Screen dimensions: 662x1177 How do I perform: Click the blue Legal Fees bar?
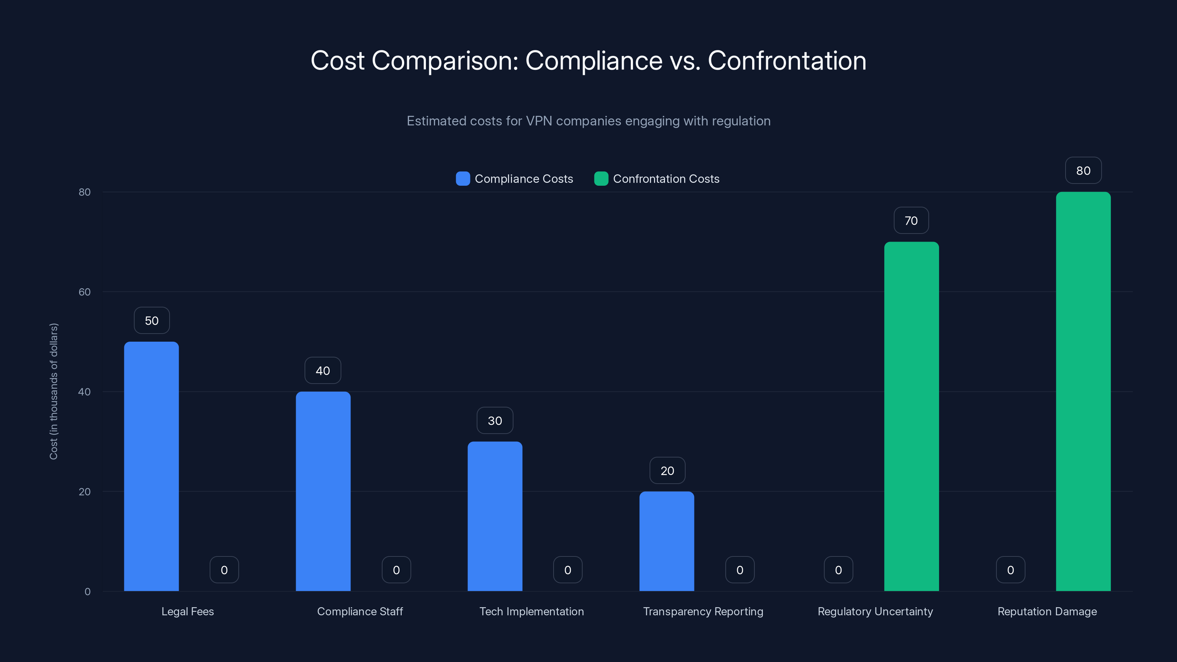(151, 466)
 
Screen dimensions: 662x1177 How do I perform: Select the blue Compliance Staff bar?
(323, 491)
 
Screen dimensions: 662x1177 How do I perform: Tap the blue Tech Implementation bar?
(495, 516)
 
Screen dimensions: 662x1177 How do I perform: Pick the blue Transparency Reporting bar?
(666, 541)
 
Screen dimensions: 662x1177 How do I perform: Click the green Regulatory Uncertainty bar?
(911, 416)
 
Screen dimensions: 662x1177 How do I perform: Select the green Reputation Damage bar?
(1083, 391)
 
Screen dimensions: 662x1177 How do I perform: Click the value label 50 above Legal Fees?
(152, 321)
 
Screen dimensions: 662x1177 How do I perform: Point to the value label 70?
(911, 221)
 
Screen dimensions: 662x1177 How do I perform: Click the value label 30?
(495, 421)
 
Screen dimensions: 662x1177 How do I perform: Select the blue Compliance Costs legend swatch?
(463, 179)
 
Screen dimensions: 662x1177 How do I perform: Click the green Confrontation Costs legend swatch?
(601, 179)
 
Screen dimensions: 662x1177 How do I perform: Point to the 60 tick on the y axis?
(85, 292)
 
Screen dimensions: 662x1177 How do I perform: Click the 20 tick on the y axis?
(85, 492)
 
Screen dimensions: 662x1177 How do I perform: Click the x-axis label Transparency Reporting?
(703, 611)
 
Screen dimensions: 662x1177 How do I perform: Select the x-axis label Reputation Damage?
(1047, 611)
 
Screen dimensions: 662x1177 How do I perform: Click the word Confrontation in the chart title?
(787, 61)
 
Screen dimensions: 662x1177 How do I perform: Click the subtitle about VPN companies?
(588, 121)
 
